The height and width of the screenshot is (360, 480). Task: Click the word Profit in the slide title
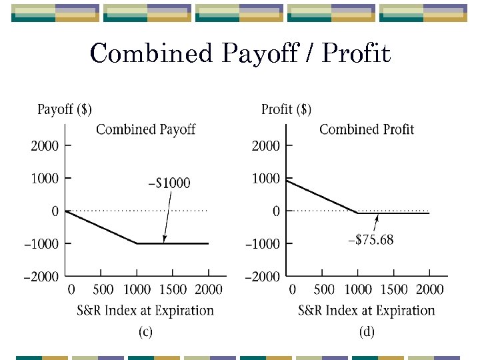point(356,54)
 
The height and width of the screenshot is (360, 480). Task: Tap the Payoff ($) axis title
point(65,109)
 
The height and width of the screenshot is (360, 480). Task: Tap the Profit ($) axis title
point(286,109)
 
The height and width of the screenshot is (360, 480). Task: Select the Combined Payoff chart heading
point(145,129)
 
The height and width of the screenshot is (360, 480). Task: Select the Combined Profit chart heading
point(367,129)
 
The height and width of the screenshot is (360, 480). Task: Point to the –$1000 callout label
point(168,183)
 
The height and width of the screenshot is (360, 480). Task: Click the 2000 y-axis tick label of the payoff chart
point(45,145)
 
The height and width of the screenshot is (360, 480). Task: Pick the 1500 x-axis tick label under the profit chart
point(393,290)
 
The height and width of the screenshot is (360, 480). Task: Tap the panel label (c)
point(145,332)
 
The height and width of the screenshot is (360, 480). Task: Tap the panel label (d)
point(367,332)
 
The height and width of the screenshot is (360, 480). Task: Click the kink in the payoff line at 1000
point(137,243)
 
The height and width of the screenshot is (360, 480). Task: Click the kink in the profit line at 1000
point(358,213)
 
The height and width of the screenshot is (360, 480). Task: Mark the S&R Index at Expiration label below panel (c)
point(145,311)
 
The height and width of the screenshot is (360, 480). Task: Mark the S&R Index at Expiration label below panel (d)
point(367,311)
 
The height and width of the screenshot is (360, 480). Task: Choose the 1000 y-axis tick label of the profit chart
point(266,178)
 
